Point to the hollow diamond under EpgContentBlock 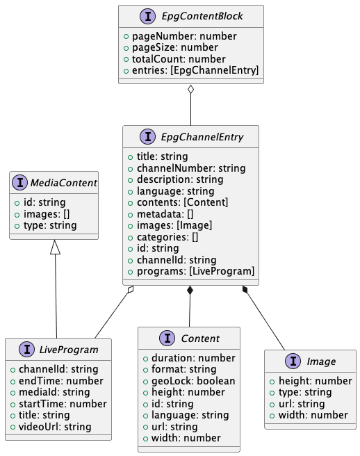click(x=191, y=90)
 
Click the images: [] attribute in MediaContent click(x=41, y=214)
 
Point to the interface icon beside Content click(x=167, y=339)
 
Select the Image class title click(x=320, y=361)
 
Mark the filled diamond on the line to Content click(x=189, y=291)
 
